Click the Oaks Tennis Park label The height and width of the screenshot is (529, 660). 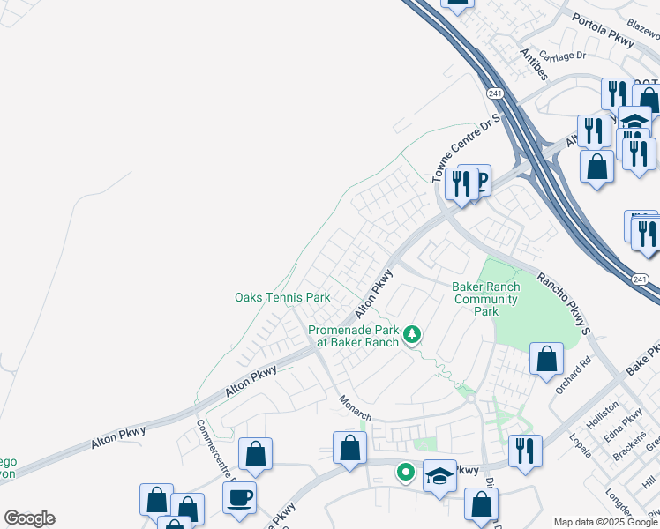[x=282, y=298]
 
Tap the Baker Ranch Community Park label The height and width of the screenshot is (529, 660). [x=485, y=299]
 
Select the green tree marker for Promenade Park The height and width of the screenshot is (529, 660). [x=411, y=335]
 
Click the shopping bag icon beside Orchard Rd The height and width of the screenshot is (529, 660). [x=547, y=358]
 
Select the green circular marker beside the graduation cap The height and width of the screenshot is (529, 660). [x=405, y=473]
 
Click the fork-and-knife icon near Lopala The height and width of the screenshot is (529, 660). [x=525, y=451]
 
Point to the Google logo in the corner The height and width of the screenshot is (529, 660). [x=29, y=518]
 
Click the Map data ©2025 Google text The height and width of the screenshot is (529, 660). [x=605, y=522]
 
